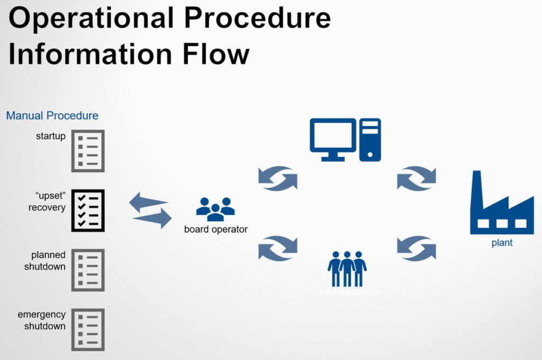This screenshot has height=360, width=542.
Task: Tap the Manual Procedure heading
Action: tap(52, 115)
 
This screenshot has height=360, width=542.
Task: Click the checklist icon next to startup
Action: tap(88, 150)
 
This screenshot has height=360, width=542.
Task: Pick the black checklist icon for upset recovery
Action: tap(88, 210)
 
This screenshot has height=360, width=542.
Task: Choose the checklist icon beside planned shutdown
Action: tap(88, 270)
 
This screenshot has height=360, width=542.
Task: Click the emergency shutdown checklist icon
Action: tap(88, 330)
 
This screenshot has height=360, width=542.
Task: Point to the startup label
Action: tap(51, 137)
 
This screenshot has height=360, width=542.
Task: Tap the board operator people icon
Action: tap(215, 209)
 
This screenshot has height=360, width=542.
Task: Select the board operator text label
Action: tap(215, 230)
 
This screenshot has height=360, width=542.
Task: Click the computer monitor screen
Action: tap(333, 135)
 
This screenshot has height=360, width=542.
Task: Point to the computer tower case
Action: tap(370, 139)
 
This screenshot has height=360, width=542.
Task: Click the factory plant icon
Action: tap(501, 203)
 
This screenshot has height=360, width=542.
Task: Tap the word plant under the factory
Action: tap(501, 243)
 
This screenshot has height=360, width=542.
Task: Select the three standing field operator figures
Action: tap(347, 268)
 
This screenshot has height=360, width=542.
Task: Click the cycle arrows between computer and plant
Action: tap(417, 177)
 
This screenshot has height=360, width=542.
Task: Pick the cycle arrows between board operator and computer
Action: tap(278, 177)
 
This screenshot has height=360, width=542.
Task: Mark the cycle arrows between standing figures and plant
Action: tap(417, 248)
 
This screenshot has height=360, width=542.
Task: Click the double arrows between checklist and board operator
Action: tap(151, 210)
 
